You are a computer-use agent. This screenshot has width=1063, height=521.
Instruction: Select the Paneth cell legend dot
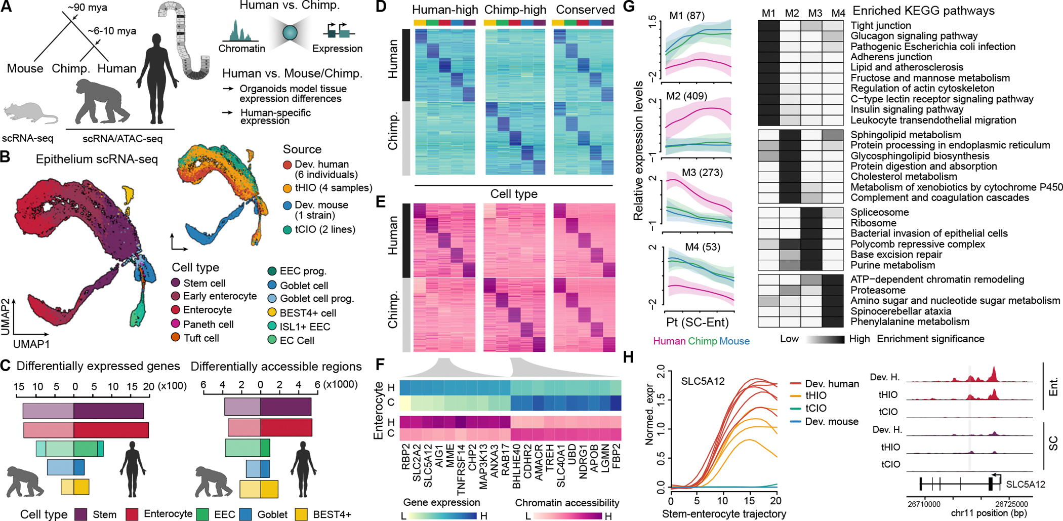click(176, 324)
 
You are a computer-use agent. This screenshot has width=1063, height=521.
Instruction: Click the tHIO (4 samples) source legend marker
click(287, 188)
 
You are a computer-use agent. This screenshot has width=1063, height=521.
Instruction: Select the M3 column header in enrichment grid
click(815, 13)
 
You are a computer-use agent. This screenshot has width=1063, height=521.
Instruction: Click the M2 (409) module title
click(687, 96)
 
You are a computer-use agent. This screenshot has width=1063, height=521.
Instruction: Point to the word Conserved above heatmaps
click(585, 10)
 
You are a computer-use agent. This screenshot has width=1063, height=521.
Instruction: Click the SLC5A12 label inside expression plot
click(703, 381)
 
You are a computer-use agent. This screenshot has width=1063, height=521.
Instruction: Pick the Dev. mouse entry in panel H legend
click(831, 421)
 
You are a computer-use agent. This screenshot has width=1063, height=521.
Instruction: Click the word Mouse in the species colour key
click(734, 341)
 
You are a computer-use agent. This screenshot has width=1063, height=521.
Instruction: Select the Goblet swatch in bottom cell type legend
click(246, 514)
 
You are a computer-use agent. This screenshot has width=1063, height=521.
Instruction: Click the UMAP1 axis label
click(31, 344)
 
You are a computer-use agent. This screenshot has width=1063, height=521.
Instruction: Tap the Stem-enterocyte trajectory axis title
click(724, 514)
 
